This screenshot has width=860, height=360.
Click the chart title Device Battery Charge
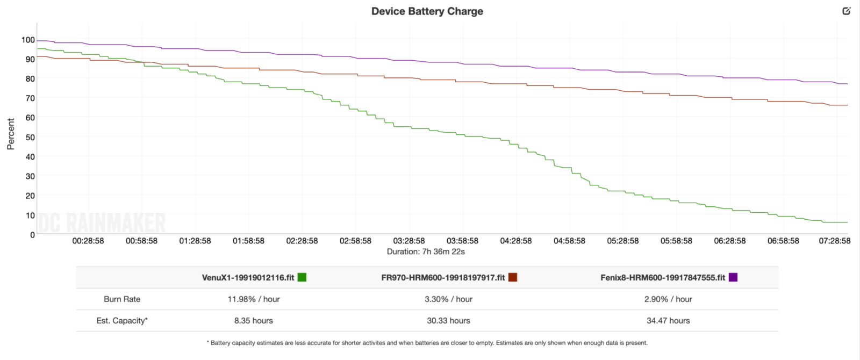click(427, 11)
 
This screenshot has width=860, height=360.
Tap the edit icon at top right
click(847, 11)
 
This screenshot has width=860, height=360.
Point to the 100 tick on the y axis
click(28, 40)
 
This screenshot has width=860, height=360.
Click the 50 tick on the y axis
click(30, 137)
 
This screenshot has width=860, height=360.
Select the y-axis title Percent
click(11, 134)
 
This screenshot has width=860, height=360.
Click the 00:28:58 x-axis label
click(88, 241)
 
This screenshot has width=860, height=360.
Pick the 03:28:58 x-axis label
click(409, 241)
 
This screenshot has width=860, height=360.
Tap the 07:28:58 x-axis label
click(835, 241)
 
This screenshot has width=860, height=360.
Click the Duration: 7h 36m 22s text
click(426, 251)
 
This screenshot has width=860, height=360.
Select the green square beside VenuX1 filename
click(302, 277)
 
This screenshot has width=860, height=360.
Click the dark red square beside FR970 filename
click(513, 277)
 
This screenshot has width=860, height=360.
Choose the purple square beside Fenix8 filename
click(733, 277)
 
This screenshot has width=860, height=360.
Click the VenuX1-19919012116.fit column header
click(248, 278)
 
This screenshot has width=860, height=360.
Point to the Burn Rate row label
click(122, 299)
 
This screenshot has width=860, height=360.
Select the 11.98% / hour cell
click(254, 299)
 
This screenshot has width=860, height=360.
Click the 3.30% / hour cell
click(448, 299)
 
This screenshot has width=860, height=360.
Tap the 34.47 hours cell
click(668, 321)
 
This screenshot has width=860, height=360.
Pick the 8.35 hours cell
click(254, 321)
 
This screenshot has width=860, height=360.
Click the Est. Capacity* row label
click(122, 321)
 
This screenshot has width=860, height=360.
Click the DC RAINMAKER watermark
click(102, 222)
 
